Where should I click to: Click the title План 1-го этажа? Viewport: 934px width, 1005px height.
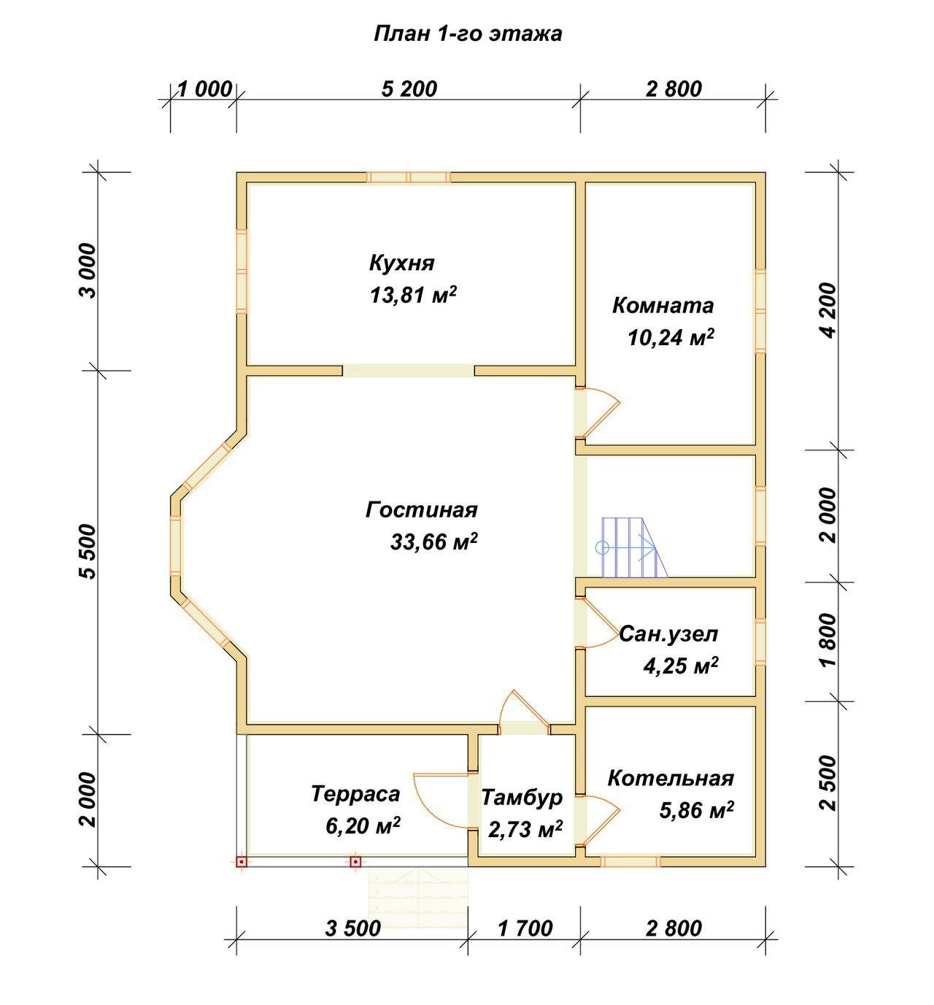pos(468,34)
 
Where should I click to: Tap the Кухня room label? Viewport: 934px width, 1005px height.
pos(402,263)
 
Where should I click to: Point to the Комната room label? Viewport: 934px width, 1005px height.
pos(663,306)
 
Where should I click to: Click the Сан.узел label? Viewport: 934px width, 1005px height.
pos(668,634)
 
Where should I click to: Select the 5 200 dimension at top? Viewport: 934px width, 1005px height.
pos(409,89)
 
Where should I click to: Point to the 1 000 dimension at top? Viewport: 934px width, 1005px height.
pos(205,90)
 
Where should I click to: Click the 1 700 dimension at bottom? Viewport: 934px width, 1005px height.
pos(525,928)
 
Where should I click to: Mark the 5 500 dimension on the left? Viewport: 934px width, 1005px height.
pos(88,552)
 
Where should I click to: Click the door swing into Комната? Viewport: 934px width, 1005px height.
pos(598,412)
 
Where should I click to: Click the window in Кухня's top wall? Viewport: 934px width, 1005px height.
pos(409,177)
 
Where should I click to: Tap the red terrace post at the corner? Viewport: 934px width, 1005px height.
pos(242,861)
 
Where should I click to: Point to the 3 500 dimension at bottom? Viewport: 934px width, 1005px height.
pos(352,928)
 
